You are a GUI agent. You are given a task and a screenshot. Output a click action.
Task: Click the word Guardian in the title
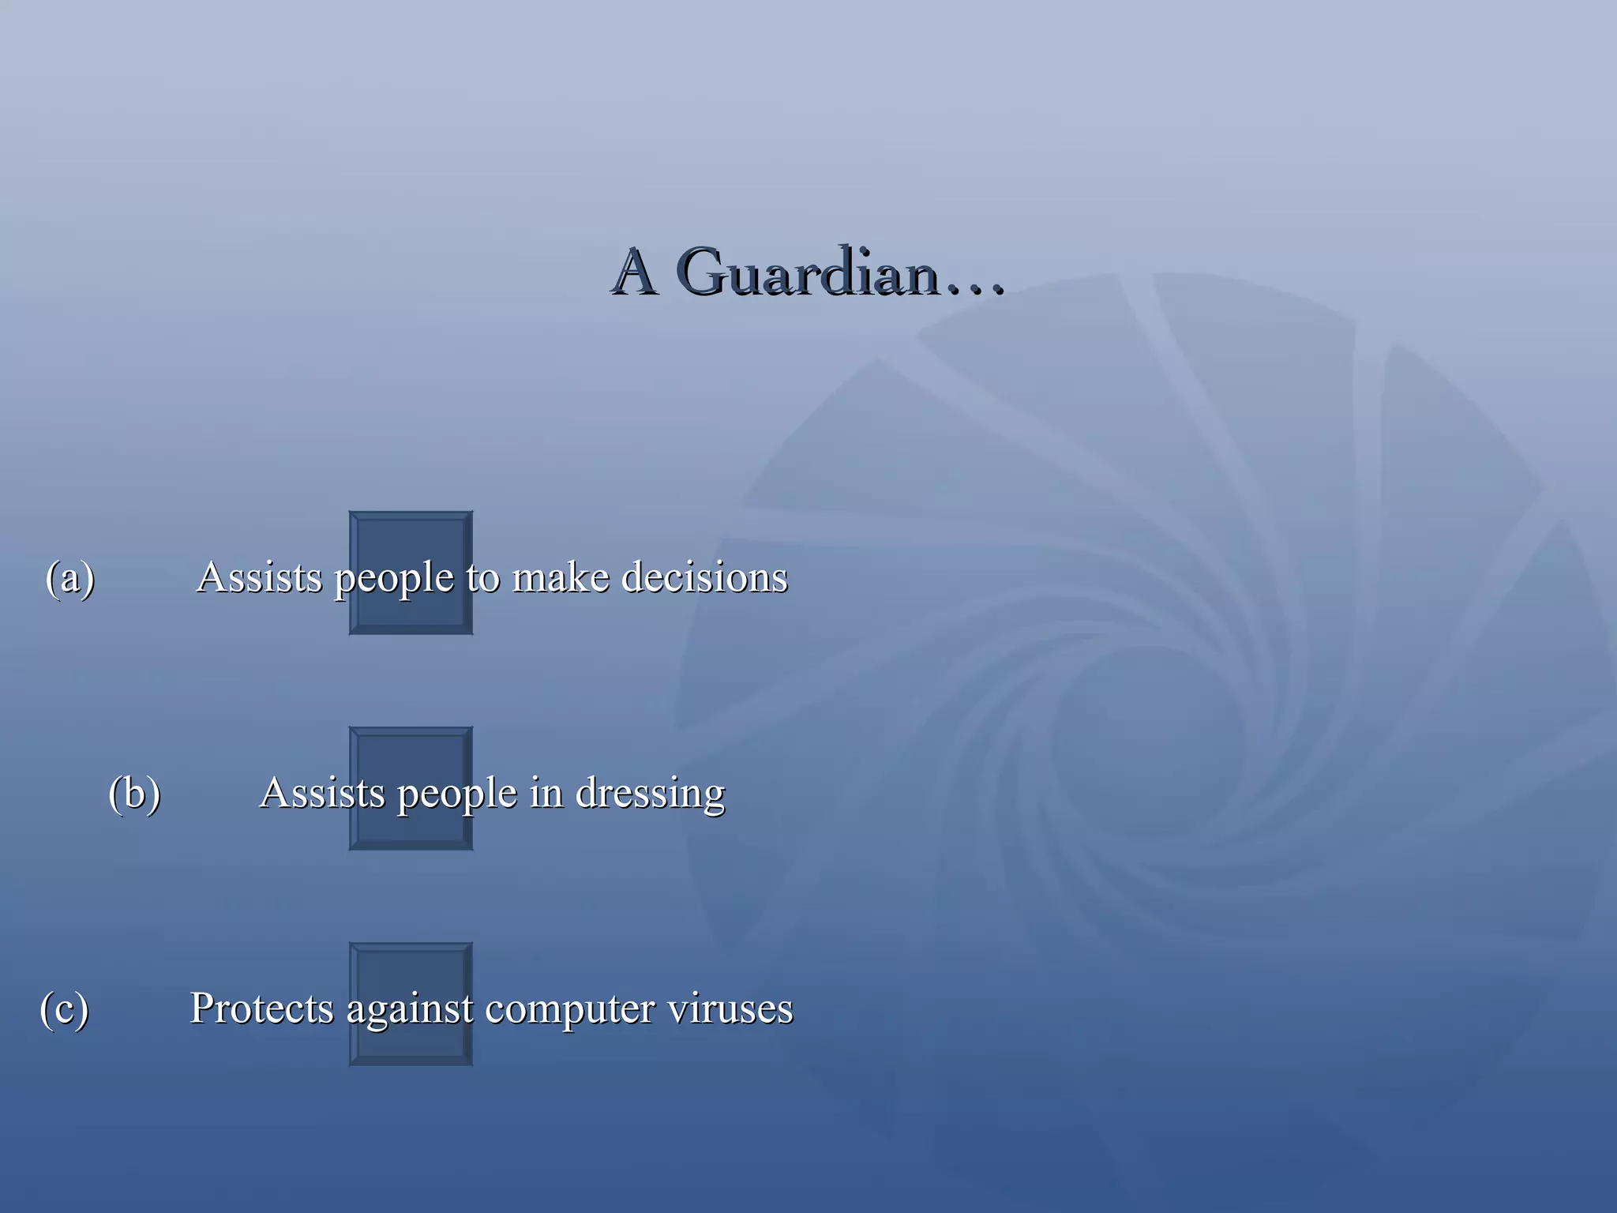point(809,272)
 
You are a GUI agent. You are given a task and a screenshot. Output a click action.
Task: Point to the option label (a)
point(70,577)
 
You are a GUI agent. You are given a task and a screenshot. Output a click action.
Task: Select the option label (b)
point(134,793)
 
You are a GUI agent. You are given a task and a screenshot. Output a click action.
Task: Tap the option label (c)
point(64,1008)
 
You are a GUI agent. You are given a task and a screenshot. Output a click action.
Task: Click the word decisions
point(704,577)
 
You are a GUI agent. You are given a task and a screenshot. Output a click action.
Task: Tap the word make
point(561,577)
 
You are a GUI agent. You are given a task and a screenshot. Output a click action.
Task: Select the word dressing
point(650,794)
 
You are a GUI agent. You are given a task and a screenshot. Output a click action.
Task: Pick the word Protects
point(261,1008)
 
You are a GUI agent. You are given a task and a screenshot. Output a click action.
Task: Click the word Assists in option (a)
point(260,577)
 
